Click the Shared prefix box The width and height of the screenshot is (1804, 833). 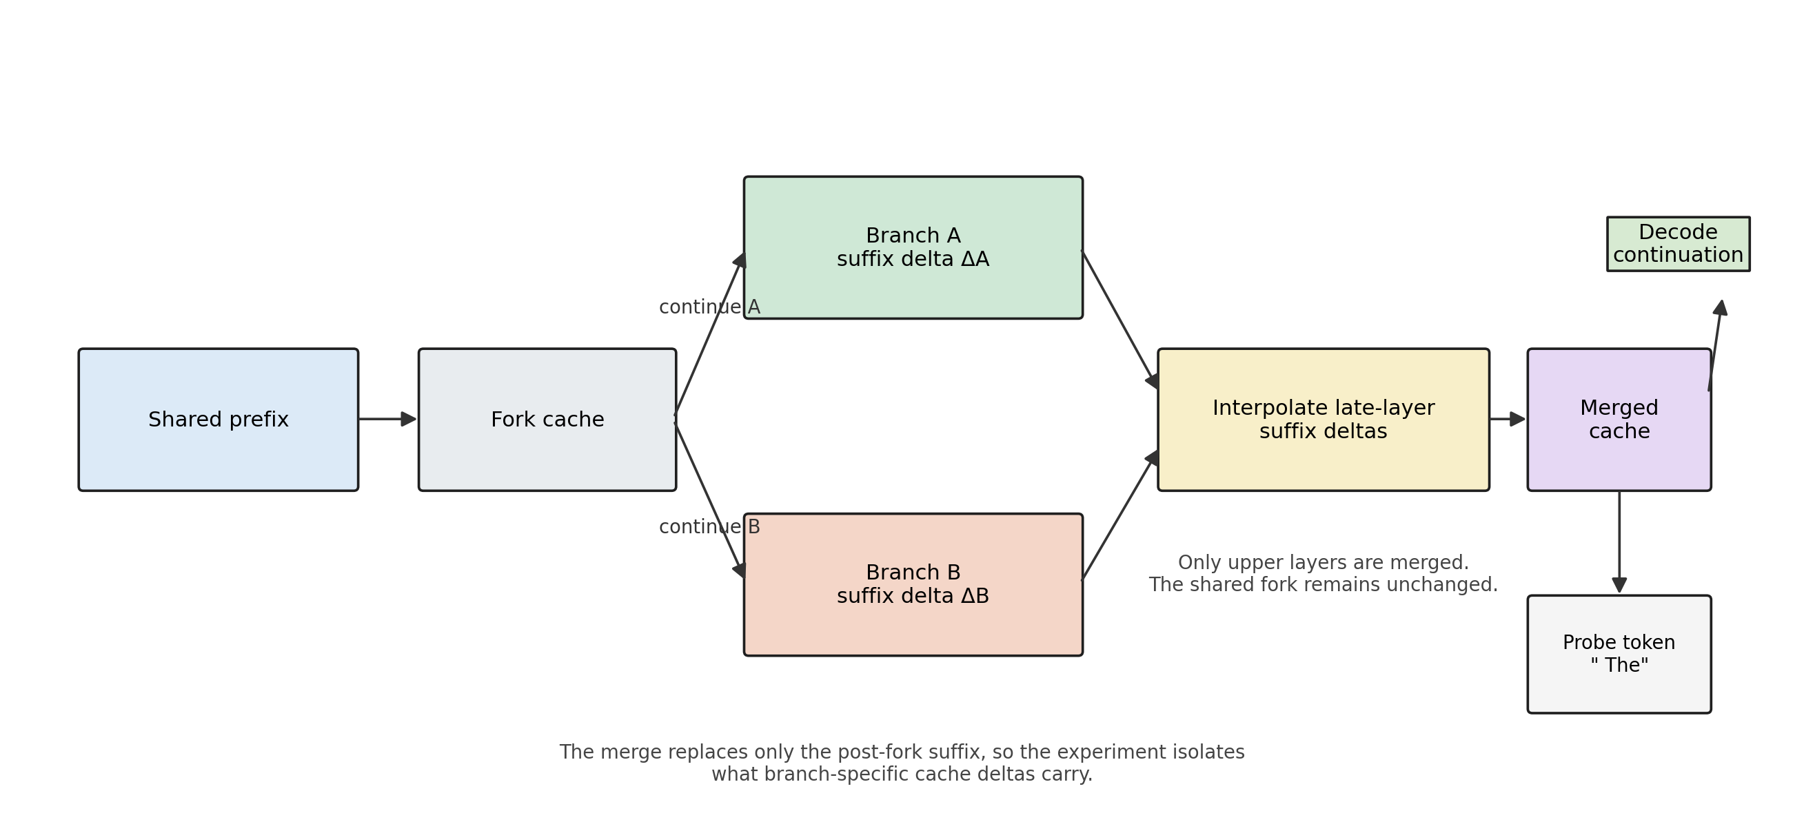tap(218, 420)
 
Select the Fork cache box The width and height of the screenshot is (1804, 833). tap(547, 420)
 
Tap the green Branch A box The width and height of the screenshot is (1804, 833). tap(913, 247)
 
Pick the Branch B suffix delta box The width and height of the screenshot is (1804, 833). tap(913, 584)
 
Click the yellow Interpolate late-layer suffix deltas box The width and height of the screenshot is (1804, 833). tap(1323, 420)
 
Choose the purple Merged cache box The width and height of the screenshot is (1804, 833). tap(1619, 420)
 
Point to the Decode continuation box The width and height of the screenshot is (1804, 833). tap(1678, 244)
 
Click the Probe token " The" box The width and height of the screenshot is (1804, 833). tap(1619, 654)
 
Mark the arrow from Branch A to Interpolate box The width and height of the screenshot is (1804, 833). tap(1119, 318)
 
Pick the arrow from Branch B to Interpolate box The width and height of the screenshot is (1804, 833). tap(1119, 516)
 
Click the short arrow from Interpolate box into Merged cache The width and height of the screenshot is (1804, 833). tap(1506, 420)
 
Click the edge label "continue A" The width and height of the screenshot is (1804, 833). tap(709, 307)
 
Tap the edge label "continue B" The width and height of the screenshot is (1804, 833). tap(709, 527)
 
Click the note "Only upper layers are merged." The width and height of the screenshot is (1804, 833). tap(1323, 563)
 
